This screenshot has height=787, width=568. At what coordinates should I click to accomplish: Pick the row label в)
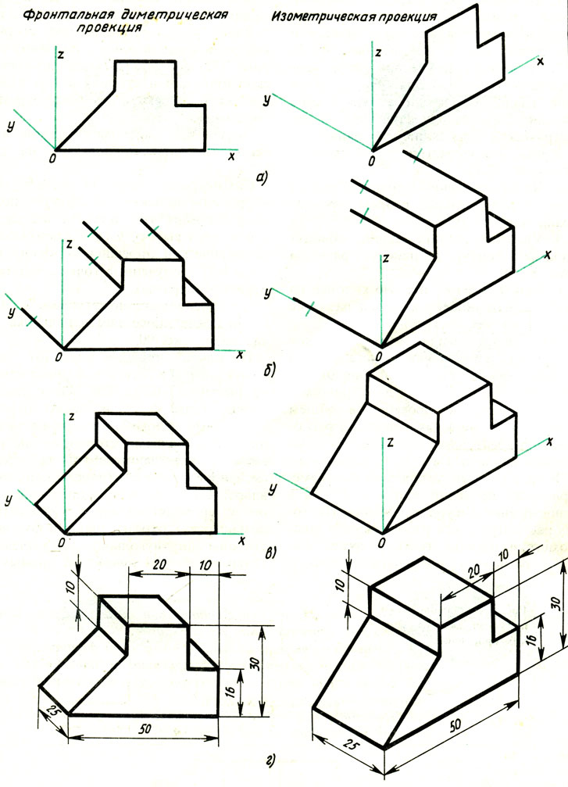[x=270, y=553]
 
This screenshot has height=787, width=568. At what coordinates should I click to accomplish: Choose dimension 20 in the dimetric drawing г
[x=159, y=564]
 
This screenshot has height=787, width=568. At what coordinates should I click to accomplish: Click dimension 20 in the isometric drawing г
[x=473, y=571]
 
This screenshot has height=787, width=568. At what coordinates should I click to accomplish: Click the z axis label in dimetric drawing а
[x=61, y=55]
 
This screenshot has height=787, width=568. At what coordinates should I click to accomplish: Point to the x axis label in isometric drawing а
[x=541, y=62]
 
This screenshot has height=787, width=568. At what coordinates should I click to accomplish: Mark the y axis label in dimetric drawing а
[x=9, y=127]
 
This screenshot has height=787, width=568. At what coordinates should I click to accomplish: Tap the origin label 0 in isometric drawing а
[x=371, y=161]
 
